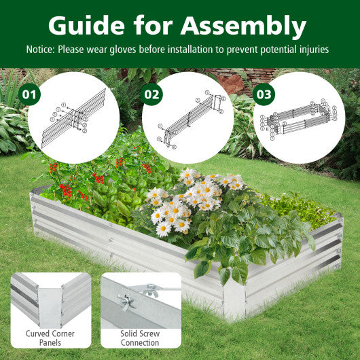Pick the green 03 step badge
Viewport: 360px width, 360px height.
(x=264, y=93)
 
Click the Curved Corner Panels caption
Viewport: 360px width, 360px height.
(x=51, y=338)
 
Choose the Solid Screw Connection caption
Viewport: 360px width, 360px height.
(x=141, y=338)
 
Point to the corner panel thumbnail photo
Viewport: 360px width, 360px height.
(x=51, y=299)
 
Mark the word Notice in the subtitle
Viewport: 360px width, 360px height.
(x=41, y=50)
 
